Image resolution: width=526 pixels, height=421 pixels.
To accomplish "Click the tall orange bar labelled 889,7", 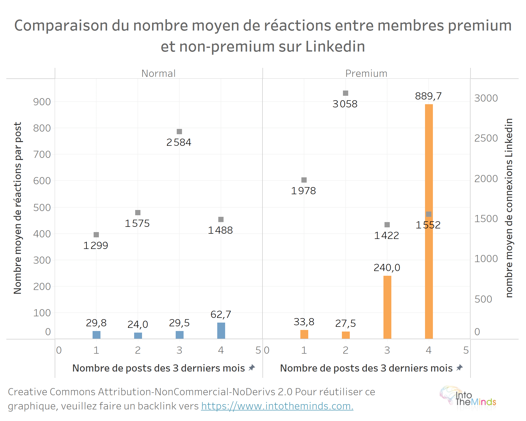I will click(x=429, y=221).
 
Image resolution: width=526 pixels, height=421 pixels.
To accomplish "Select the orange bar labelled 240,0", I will click(x=387, y=307).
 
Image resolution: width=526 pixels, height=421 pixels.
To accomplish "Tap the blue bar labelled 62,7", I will click(x=221, y=330).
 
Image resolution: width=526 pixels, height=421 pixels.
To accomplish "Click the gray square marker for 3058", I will click(x=346, y=93).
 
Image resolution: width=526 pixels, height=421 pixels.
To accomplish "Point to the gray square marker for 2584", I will click(x=179, y=132).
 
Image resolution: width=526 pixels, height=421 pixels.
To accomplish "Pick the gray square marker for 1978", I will click(x=304, y=180).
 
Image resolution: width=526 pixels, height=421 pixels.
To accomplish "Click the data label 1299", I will click(x=96, y=245).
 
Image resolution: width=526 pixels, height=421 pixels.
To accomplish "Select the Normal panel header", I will click(x=158, y=73).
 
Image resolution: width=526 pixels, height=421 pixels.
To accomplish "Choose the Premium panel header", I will click(x=366, y=73).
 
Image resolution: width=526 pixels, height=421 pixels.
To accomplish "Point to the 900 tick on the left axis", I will click(x=42, y=102).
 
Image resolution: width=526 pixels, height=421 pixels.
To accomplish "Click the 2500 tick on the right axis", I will click(x=486, y=138).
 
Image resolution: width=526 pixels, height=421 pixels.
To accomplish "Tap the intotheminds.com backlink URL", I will click(x=277, y=406).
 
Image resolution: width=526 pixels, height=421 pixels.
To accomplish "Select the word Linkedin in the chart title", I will click(x=335, y=47).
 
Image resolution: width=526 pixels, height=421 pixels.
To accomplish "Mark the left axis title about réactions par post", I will click(x=18, y=208).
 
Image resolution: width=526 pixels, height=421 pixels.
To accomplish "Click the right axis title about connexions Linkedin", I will click(x=509, y=208).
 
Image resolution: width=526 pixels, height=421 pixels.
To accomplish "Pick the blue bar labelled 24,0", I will click(x=138, y=335).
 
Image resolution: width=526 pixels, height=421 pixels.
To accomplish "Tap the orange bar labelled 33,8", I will click(x=304, y=334).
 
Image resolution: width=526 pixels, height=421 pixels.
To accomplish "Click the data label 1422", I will click(x=386, y=235).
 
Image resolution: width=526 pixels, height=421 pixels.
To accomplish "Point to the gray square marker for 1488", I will click(x=221, y=219).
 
